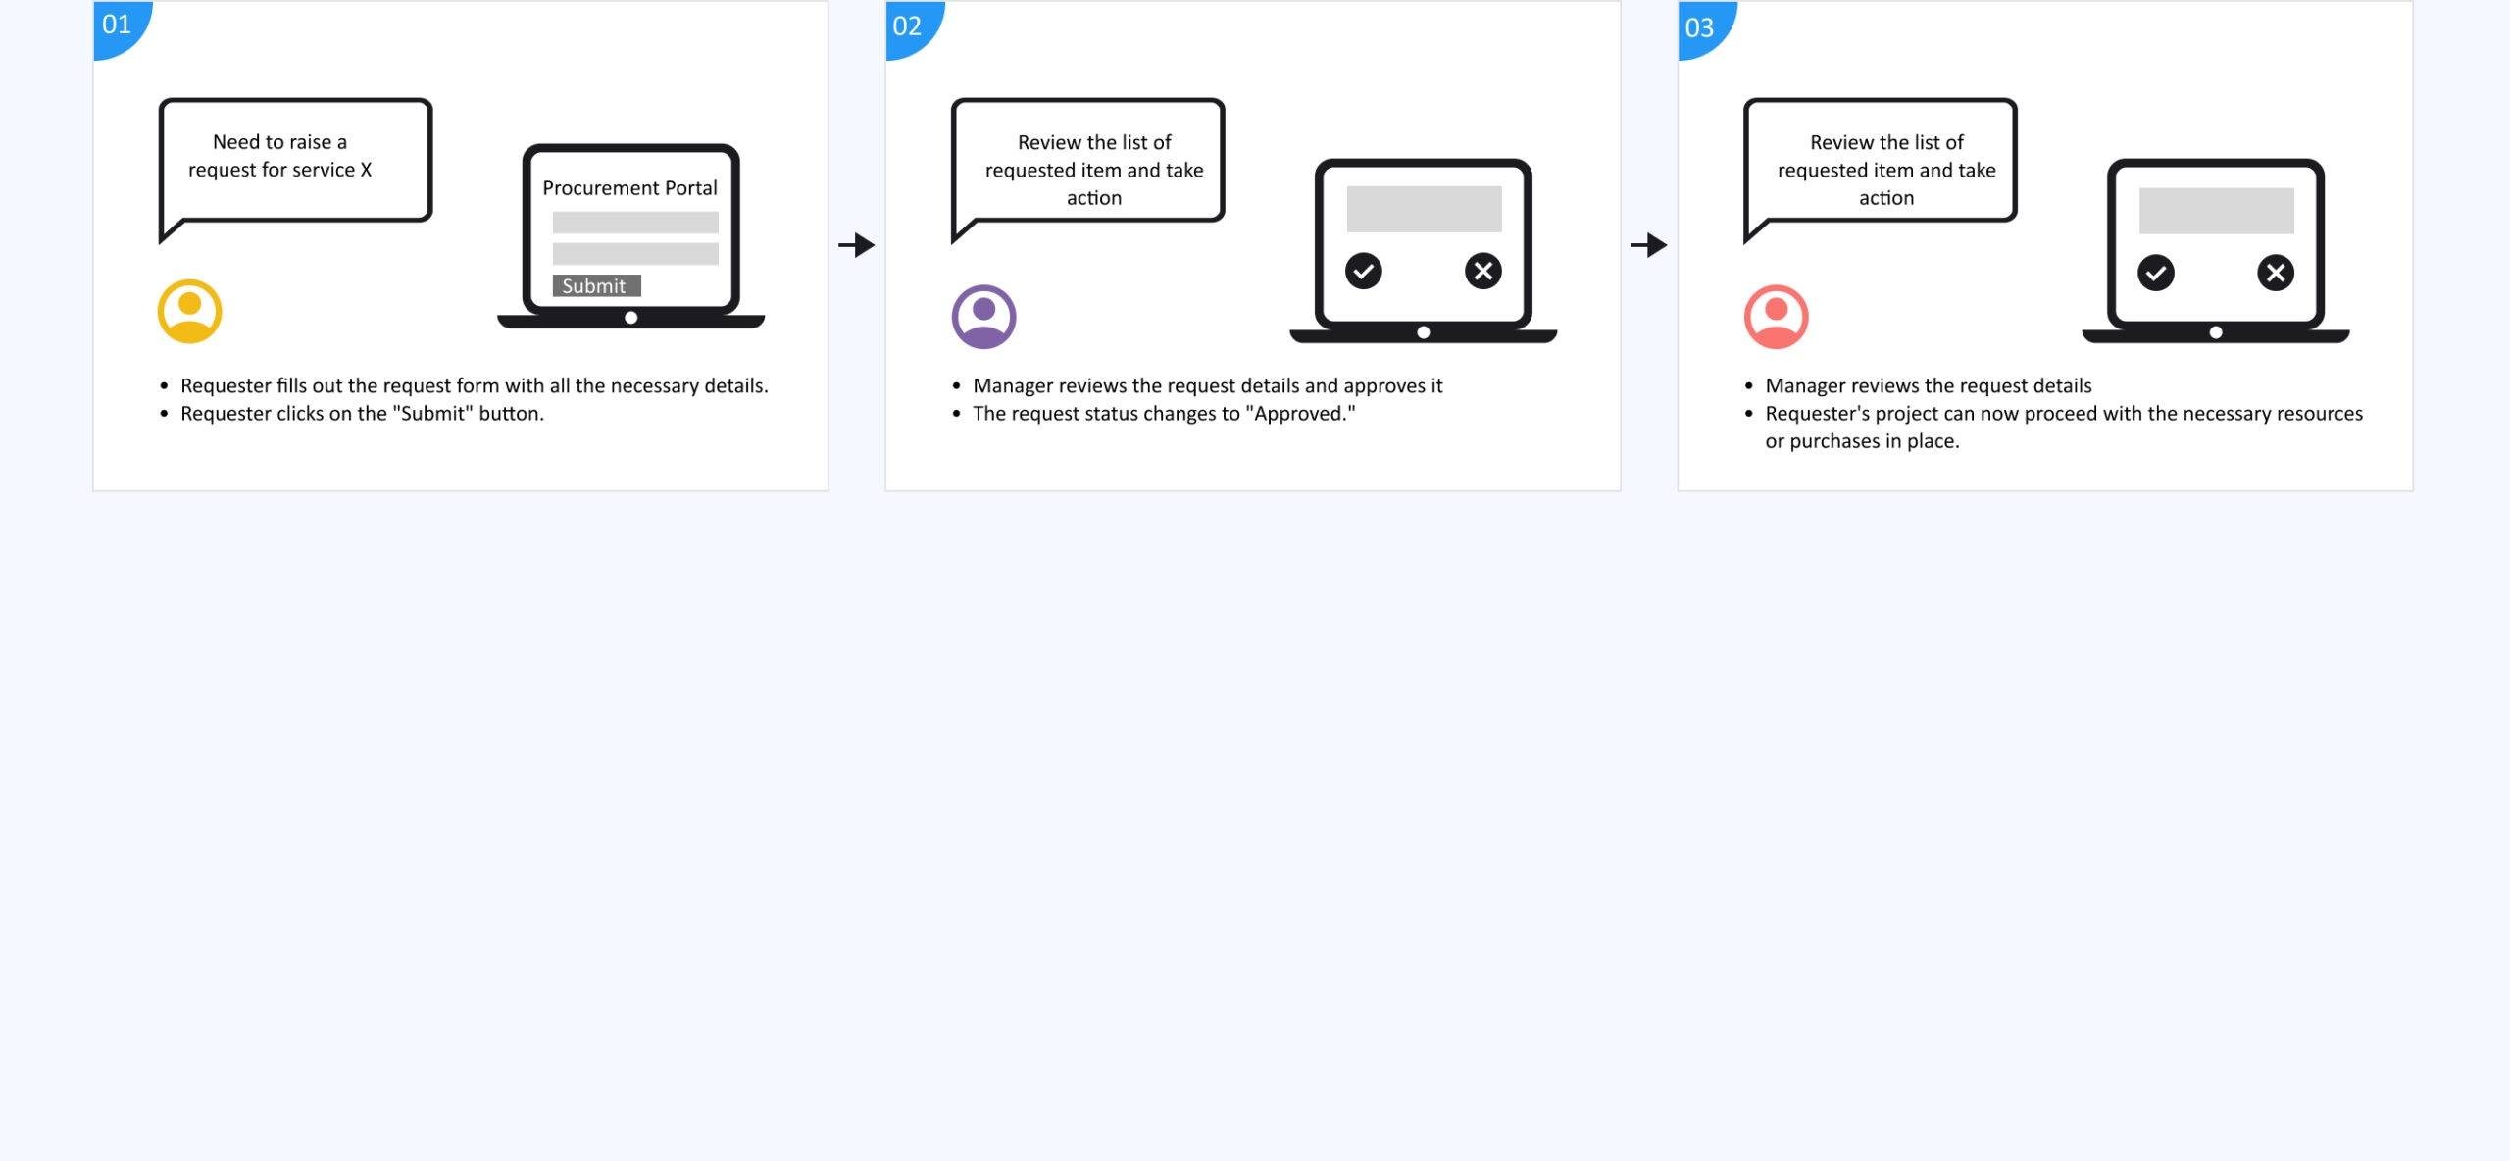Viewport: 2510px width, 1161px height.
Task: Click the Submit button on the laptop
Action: pos(596,285)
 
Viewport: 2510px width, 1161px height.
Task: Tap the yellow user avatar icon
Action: pos(190,312)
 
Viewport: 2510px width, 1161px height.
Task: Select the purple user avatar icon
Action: pos(983,317)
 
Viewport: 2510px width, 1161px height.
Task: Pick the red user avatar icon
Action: pos(1776,317)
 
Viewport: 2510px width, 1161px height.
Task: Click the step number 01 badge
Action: pos(118,25)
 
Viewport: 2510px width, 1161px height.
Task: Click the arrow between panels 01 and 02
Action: pos(856,245)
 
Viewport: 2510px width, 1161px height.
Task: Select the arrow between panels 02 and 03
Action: pos(1648,245)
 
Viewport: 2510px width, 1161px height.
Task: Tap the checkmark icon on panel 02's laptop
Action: pos(1363,271)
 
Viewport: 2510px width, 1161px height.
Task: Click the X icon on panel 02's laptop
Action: pos(1483,271)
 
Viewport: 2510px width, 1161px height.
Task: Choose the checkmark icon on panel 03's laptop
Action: pos(2156,273)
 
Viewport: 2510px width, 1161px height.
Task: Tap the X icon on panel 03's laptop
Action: pos(2276,273)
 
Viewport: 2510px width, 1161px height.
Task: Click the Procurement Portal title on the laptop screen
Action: pos(630,187)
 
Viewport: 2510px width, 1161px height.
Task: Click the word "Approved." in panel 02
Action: pos(1300,413)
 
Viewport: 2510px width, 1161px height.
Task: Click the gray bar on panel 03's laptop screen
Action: pos(2216,211)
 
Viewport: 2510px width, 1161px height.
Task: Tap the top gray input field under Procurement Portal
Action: pos(635,222)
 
